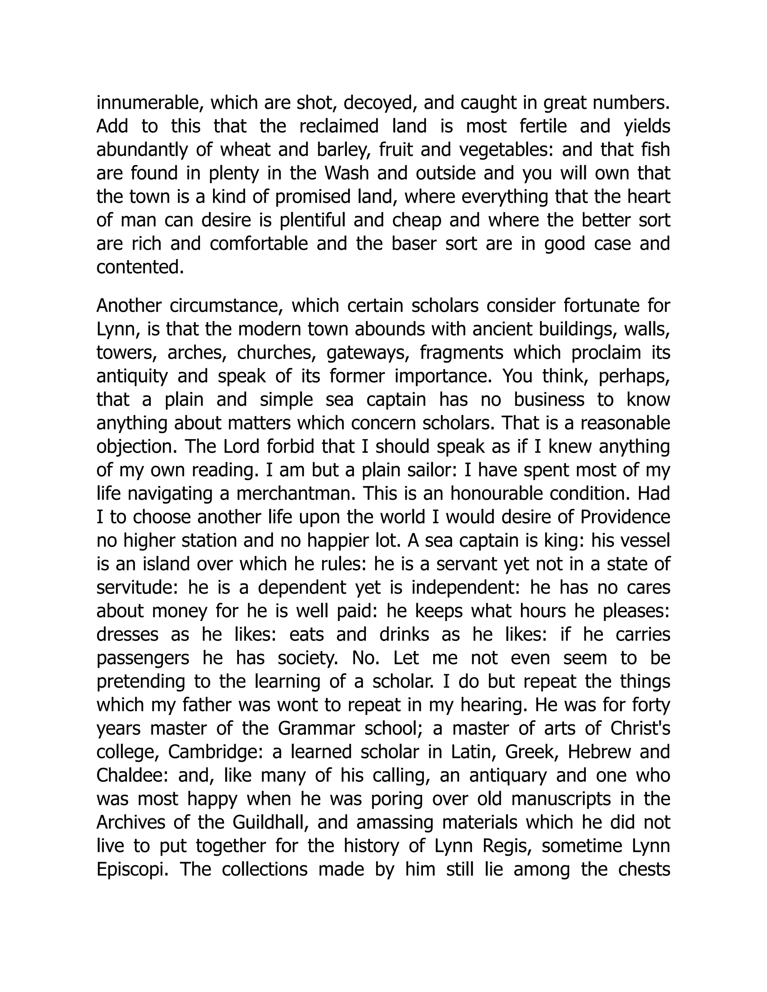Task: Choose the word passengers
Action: point(143,658)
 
